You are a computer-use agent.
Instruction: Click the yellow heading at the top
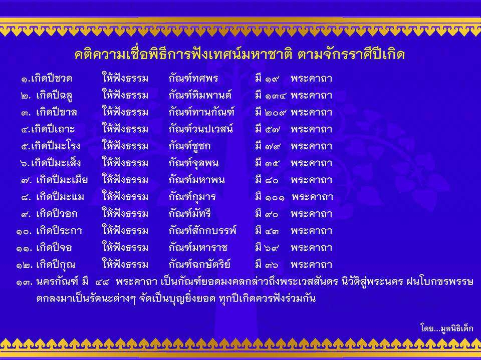pyautogui.click(x=239, y=54)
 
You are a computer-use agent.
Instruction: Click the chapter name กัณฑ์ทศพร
pyautogui.click(x=193, y=78)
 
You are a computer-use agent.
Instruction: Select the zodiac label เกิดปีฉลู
pyautogui.click(x=54, y=95)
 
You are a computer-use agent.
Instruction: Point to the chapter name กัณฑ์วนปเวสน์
pyautogui.click(x=200, y=129)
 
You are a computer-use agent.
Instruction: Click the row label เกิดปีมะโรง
pyautogui.click(x=56, y=146)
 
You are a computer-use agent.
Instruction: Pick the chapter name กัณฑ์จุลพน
pyautogui.click(x=193, y=163)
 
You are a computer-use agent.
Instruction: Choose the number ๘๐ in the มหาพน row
pyautogui.click(x=272, y=180)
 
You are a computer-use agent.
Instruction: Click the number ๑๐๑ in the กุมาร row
pyautogui.click(x=275, y=197)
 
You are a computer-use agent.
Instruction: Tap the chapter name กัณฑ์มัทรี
pyautogui.click(x=189, y=213)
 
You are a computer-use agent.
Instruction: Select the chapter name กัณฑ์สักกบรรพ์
pyautogui.click(x=202, y=230)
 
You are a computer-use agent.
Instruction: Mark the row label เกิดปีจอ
pyautogui.click(x=54, y=247)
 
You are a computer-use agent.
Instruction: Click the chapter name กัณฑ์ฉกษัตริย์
pyautogui.click(x=199, y=264)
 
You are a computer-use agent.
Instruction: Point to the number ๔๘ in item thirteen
pyautogui.click(x=102, y=282)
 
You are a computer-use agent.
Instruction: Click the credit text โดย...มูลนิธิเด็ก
pyautogui.click(x=446, y=328)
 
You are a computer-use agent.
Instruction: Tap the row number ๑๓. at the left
pyautogui.click(x=24, y=282)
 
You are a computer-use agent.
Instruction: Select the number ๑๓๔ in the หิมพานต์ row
pyautogui.click(x=275, y=96)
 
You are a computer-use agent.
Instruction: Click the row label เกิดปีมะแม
pyautogui.click(x=60, y=197)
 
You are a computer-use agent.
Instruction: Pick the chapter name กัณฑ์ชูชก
pyautogui.click(x=189, y=146)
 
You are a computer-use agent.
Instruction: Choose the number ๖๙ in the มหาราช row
pyautogui.click(x=272, y=248)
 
